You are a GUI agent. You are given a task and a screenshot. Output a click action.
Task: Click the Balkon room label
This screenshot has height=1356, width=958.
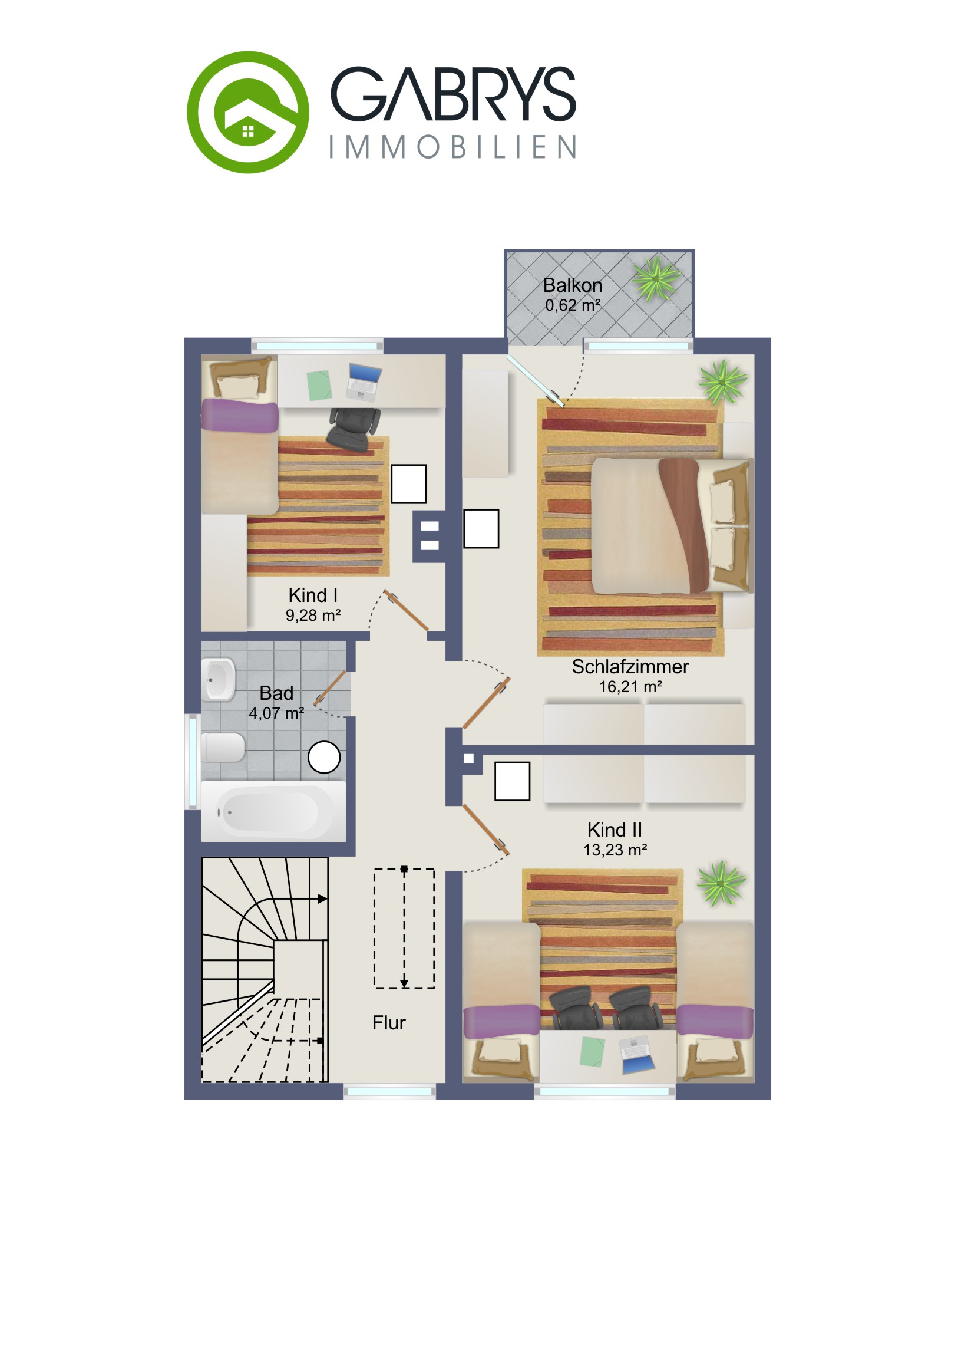(x=573, y=285)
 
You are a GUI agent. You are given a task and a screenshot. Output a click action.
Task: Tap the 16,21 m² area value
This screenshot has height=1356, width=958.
(x=630, y=687)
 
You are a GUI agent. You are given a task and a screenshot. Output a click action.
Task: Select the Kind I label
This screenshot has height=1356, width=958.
(x=313, y=595)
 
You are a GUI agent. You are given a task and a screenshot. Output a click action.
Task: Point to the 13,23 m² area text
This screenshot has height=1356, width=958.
(x=615, y=850)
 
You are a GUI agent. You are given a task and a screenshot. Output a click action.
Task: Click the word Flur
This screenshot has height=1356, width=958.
(x=389, y=1022)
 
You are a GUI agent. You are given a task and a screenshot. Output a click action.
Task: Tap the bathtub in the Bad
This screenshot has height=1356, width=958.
(x=273, y=811)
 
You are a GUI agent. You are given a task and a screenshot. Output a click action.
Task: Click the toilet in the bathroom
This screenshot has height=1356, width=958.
(x=223, y=748)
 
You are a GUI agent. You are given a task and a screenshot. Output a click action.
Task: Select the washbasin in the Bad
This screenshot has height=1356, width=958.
(x=219, y=679)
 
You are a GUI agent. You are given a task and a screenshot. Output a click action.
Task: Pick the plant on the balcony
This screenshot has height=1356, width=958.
(x=656, y=278)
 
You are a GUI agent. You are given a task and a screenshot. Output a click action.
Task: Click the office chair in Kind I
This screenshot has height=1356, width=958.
(x=354, y=427)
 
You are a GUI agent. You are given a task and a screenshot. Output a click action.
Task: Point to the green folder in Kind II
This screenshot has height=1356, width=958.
(x=592, y=1052)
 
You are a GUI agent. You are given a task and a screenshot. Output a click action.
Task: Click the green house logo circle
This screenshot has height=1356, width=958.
(x=248, y=112)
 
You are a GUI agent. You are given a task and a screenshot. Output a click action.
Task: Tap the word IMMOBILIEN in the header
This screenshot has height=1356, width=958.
(x=452, y=147)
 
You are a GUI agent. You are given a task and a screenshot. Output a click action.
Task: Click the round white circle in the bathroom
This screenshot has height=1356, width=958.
(x=324, y=757)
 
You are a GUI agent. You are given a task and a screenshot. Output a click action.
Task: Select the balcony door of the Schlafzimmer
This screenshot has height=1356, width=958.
(x=536, y=381)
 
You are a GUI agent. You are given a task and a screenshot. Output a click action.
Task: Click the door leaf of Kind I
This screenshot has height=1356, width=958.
(x=406, y=610)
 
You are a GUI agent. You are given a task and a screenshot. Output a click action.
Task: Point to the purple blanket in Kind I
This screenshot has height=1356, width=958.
(x=240, y=415)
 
